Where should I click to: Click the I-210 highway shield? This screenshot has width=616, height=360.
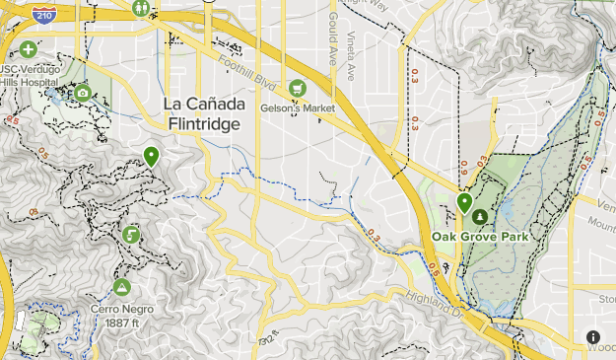(x=42, y=13)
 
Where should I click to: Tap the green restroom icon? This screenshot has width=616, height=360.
(x=143, y=9)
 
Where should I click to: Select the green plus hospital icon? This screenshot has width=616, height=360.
(x=27, y=49)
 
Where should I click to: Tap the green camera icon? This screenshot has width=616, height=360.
(x=82, y=93)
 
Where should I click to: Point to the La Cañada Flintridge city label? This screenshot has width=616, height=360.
(x=206, y=114)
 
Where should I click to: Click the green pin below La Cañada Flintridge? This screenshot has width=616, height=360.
(x=151, y=155)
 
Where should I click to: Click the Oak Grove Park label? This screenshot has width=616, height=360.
(x=480, y=237)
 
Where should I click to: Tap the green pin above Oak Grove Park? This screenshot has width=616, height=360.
(x=464, y=202)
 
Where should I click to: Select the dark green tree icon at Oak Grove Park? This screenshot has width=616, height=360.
(x=480, y=216)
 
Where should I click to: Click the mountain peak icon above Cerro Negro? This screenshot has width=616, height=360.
(x=122, y=287)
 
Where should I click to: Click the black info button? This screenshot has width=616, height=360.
(x=592, y=337)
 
